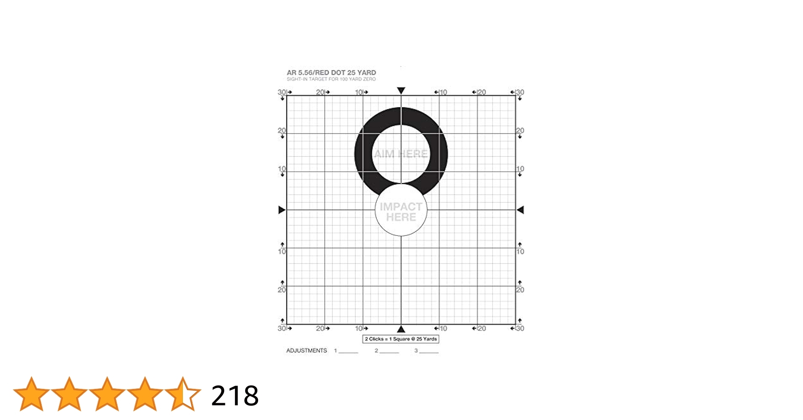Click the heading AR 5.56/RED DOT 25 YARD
coord(331,73)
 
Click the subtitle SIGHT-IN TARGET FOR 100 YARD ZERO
coord(331,79)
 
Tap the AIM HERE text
coord(401,154)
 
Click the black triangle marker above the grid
coord(401,91)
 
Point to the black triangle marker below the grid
coord(401,329)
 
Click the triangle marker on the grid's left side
coord(282,210)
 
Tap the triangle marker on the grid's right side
coord(520,210)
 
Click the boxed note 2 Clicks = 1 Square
coord(401,339)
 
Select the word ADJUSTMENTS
coord(306,351)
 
